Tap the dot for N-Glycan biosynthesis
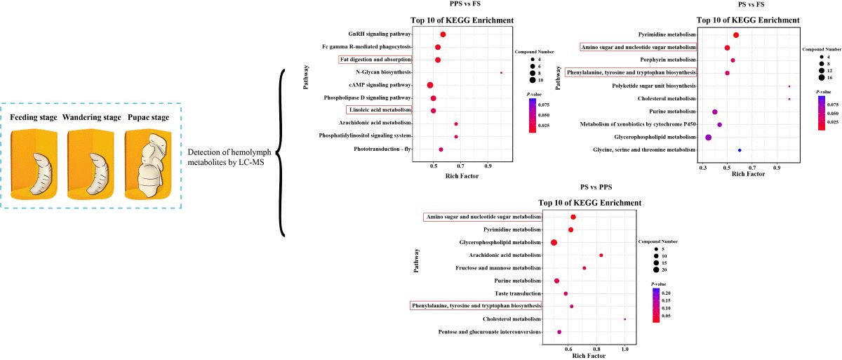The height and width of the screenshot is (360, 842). (501, 72)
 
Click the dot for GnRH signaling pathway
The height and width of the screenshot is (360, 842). (443, 34)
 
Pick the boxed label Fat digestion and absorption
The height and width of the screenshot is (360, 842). (375, 60)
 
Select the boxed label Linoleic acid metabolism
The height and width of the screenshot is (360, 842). (379, 110)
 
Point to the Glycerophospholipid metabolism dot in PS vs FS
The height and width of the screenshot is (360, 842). (709, 137)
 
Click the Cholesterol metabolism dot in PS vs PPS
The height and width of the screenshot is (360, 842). (624, 319)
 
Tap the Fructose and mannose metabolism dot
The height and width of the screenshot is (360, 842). (584, 268)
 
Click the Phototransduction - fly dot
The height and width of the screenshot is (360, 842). (441, 149)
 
